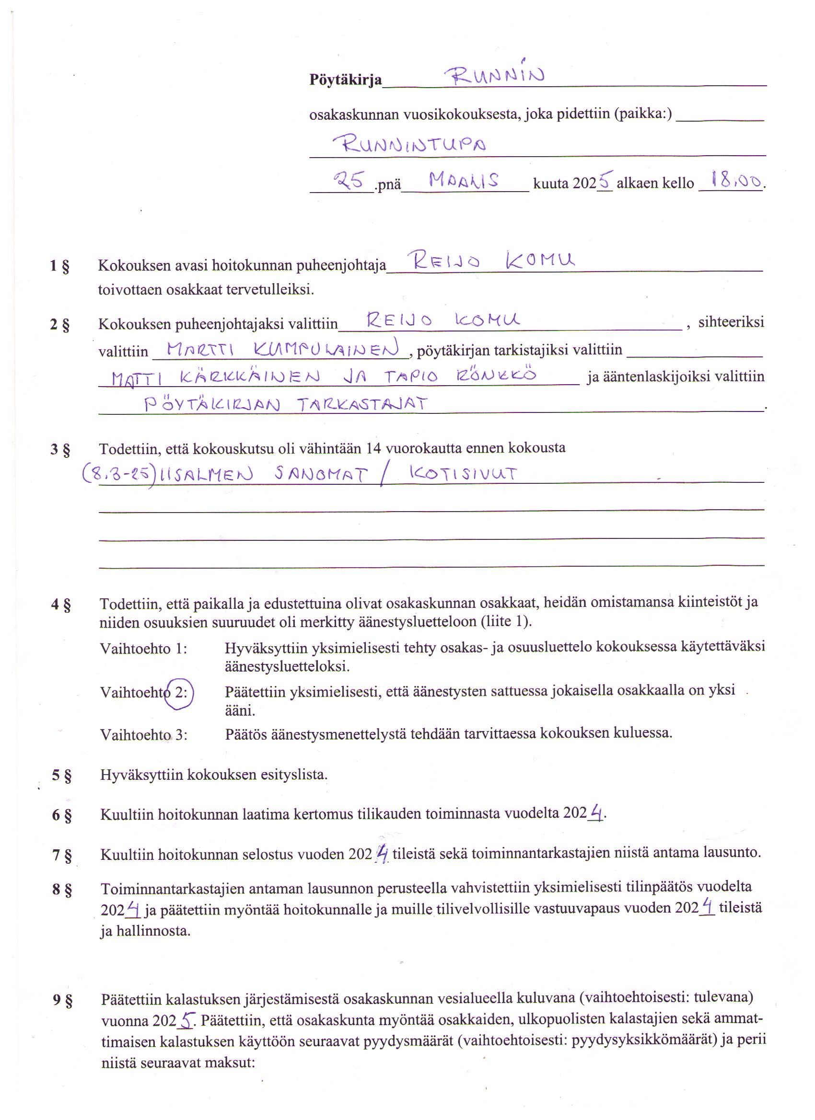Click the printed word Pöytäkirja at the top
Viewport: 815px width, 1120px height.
(x=345, y=80)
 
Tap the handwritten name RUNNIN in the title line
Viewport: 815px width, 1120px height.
(x=494, y=76)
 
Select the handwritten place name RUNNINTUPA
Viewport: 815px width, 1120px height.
(x=408, y=144)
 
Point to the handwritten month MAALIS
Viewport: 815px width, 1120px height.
(x=463, y=180)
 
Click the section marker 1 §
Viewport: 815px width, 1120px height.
(x=59, y=266)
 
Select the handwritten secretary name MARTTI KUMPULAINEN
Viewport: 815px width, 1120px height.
(x=282, y=349)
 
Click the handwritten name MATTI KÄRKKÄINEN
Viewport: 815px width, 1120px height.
(x=215, y=378)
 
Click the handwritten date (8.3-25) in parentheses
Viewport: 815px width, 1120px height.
(x=118, y=475)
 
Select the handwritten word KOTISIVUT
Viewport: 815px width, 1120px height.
(x=463, y=474)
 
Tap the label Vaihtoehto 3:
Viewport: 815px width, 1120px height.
(x=143, y=735)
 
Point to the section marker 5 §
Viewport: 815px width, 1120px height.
(x=62, y=775)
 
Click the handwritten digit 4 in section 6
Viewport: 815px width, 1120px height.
(x=596, y=812)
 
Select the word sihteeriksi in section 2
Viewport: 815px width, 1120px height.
(x=731, y=322)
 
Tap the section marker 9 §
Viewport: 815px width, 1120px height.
(x=63, y=1000)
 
